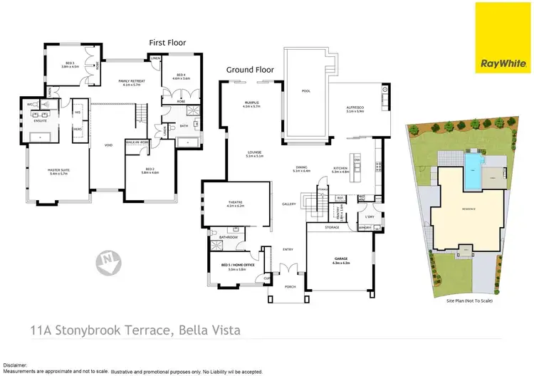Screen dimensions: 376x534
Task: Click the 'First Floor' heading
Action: [x=167, y=43]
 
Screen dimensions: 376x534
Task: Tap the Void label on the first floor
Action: [x=108, y=145]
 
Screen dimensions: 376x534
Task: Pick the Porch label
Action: [x=289, y=287]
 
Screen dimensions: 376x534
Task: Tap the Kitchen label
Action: [x=341, y=169]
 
